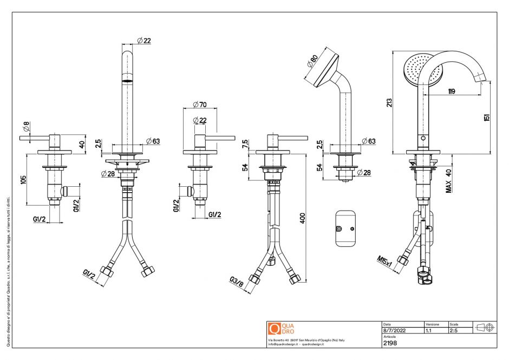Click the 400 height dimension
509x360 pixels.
click(x=303, y=218)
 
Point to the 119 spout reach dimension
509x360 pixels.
click(x=451, y=91)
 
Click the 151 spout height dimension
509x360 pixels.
click(x=487, y=117)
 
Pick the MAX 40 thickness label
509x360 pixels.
click(x=448, y=180)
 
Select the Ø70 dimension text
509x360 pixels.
click(x=200, y=104)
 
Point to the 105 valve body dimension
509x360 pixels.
click(x=23, y=180)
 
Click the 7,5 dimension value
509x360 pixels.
click(x=245, y=145)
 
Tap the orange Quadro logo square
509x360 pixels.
click(x=274, y=328)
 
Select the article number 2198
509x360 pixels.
click(x=390, y=343)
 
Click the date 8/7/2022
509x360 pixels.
click(x=394, y=330)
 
